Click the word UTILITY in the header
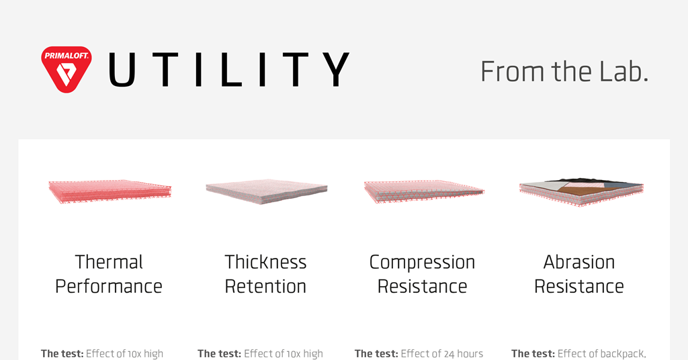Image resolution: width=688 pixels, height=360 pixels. pyautogui.click(x=228, y=70)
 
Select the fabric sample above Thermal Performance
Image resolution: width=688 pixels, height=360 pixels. pyautogui.click(x=110, y=191)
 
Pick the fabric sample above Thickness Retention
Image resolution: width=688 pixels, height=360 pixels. pyautogui.click(x=266, y=191)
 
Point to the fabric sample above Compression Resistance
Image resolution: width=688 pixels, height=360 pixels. pyautogui.click(x=423, y=191)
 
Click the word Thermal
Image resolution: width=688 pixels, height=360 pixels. pyautogui.click(x=109, y=262)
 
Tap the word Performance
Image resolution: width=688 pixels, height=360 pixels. pyautogui.click(x=109, y=287)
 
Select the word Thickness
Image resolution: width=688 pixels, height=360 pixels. pyautogui.click(x=265, y=262)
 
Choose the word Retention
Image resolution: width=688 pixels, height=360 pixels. pyautogui.click(x=265, y=287)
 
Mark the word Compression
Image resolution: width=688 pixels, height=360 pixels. pyautogui.click(x=422, y=262)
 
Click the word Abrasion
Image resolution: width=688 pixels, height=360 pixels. pyautogui.click(x=579, y=262)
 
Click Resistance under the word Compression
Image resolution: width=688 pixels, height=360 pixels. pyautogui.click(x=422, y=287)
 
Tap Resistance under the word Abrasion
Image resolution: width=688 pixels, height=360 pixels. pyautogui.click(x=579, y=287)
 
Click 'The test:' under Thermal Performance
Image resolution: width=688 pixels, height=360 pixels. pyautogui.click(x=62, y=354)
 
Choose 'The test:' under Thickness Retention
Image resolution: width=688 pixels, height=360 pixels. pyautogui.click(x=218, y=354)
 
